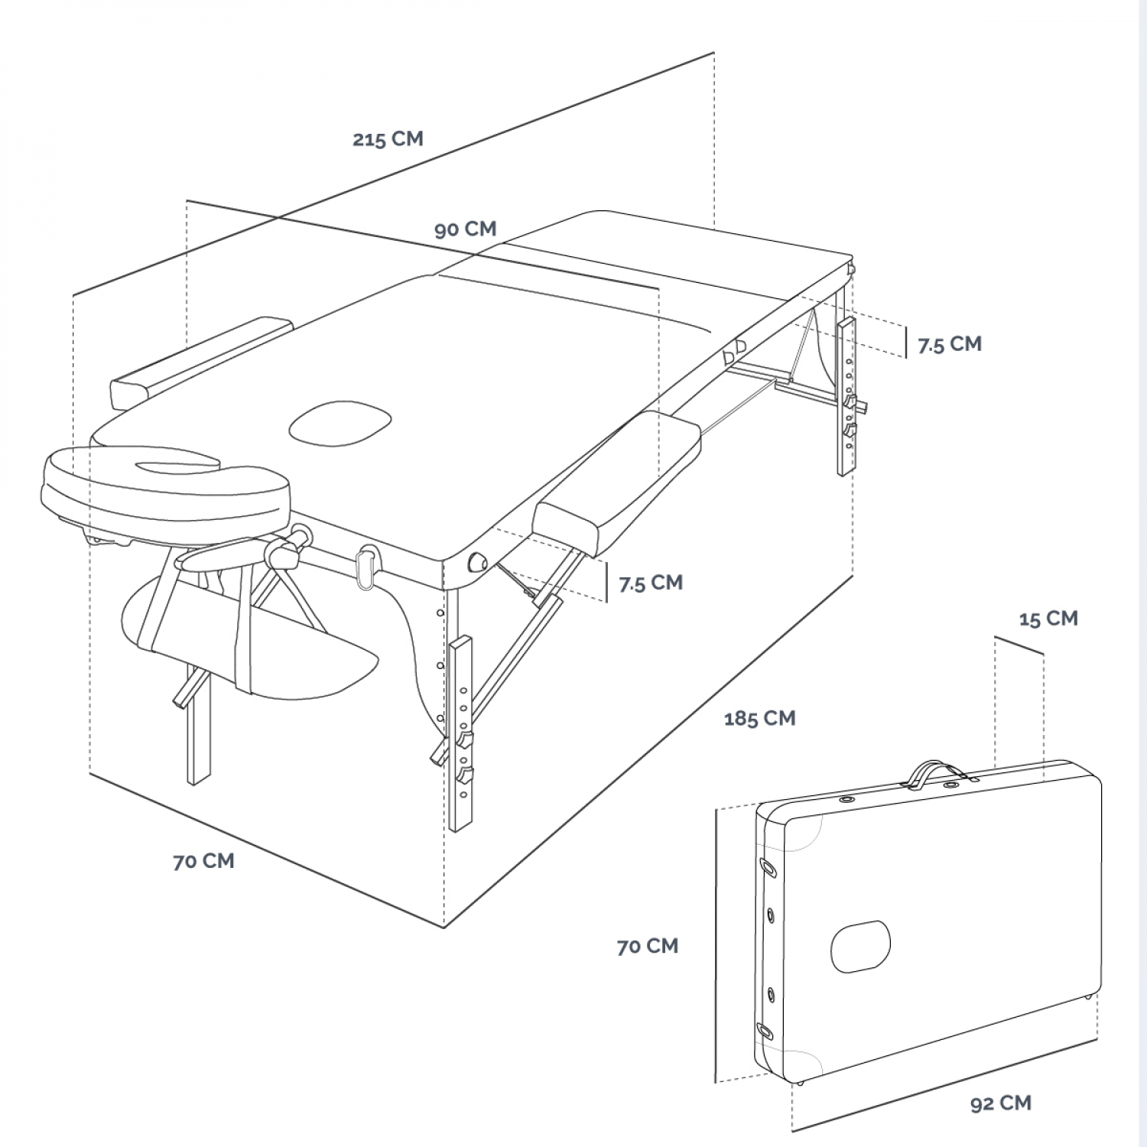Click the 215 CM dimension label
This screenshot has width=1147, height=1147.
point(388,138)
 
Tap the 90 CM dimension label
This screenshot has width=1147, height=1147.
point(465,229)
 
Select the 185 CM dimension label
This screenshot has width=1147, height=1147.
point(759,718)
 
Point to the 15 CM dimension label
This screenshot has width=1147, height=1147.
point(1048,618)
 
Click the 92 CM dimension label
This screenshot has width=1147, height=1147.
point(1000,1103)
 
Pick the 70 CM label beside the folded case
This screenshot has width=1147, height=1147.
point(647,946)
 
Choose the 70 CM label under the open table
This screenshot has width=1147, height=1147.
point(203,860)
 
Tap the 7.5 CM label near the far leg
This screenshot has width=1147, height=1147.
point(949,344)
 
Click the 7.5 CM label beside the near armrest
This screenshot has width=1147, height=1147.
point(650,583)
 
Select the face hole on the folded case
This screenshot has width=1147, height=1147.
point(860,946)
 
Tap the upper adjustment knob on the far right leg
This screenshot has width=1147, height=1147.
point(850,400)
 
